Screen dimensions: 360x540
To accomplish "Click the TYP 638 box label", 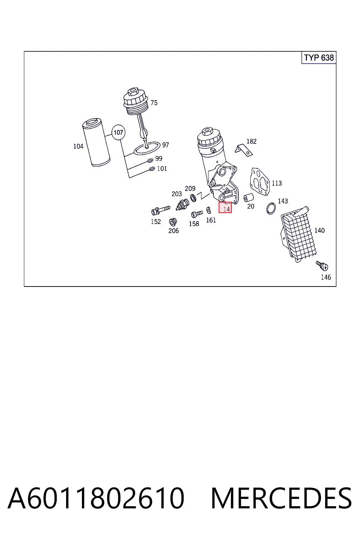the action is [x=319, y=58].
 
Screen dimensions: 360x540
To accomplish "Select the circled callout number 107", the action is [x=118, y=132].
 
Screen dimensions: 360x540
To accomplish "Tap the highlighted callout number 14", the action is [x=225, y=208].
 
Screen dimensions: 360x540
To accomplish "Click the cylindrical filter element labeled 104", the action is [x=96, y=142].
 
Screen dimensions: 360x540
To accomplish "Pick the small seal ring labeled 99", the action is [x=150, y=161].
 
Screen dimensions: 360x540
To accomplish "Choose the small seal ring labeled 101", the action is [x=152, y=169].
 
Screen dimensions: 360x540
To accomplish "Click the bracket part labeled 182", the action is [x=244, y=150].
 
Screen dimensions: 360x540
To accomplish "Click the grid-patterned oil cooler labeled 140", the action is [x=298, y=234].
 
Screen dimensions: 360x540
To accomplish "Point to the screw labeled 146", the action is [x=322, y=265].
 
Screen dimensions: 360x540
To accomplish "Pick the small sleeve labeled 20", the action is [x=248, y=198].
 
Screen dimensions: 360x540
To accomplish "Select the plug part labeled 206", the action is [x=173, y=222].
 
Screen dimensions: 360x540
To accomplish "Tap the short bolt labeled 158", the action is [x=197, y=214].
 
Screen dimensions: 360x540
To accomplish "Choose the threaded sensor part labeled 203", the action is [x=182, y=204].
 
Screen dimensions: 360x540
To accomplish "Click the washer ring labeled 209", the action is [x=193, y=198].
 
